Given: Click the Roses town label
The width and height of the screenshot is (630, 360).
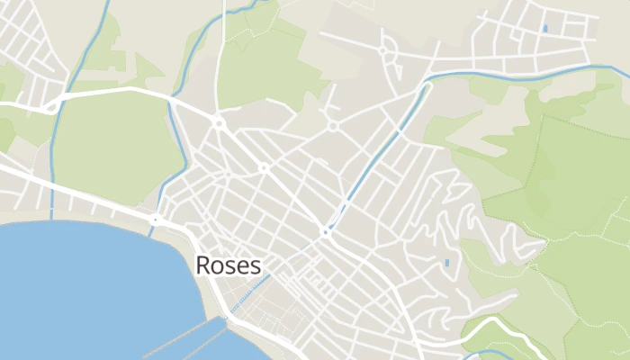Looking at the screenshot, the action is pos(229,265).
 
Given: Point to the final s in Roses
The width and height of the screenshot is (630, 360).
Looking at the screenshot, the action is pos(256,267).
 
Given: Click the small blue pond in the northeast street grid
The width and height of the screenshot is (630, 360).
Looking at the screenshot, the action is pos(544,29).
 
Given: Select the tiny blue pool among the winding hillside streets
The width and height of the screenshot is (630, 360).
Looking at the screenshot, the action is pos(447,263).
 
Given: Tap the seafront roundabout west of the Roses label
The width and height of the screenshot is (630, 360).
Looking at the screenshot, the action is pos(155,219).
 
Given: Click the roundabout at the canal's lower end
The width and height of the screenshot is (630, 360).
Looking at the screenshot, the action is pos(326,231).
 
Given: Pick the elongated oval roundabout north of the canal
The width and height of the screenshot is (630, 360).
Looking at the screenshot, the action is pos(382,49).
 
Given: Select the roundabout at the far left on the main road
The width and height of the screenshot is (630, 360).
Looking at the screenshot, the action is pos(52,108).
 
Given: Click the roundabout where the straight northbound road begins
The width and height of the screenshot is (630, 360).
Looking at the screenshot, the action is pos(218,121).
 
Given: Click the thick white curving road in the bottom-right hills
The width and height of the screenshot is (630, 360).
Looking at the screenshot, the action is pos(486,324).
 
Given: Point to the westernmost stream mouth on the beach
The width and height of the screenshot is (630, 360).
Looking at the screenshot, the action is pos(52,214).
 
